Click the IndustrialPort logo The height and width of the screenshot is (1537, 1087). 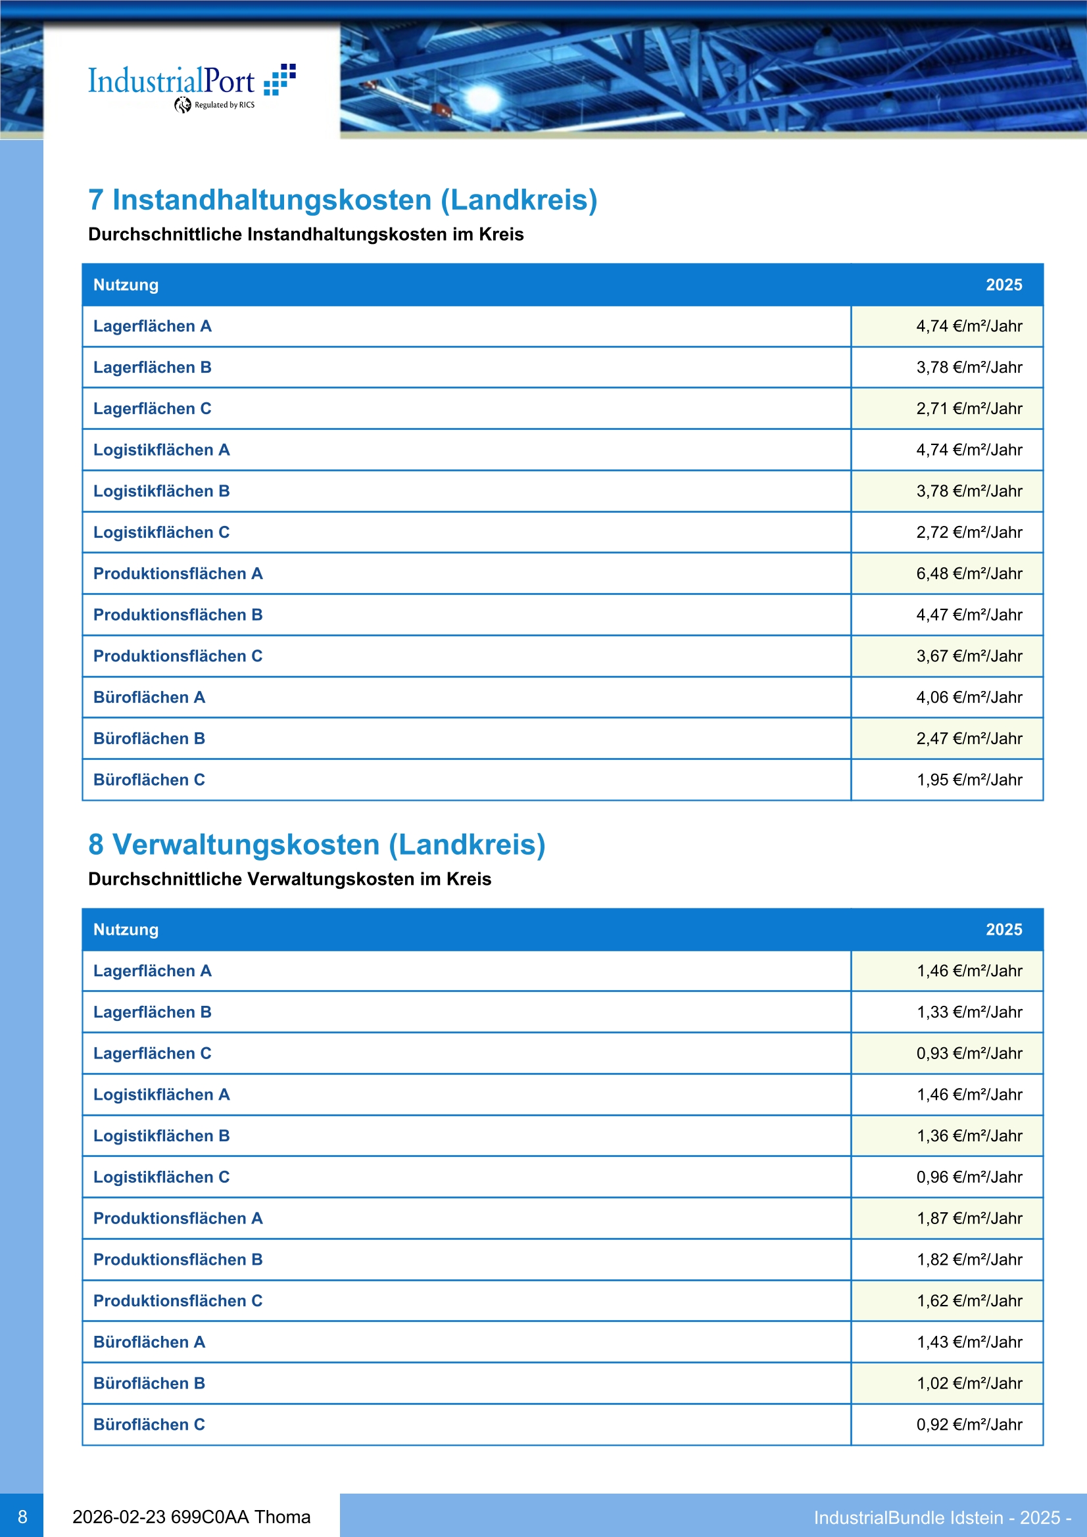coord(191,85)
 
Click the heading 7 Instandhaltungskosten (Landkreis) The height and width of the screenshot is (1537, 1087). coord(342,200)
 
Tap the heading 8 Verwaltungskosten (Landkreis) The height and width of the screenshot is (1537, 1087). coord(316,845)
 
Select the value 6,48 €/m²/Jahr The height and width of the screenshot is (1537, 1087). coord(969,574)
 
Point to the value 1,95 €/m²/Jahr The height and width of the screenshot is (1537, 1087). coord(969,780)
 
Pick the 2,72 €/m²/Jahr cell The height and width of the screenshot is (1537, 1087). coord(969,533)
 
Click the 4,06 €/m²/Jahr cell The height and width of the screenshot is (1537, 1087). coord(969,698)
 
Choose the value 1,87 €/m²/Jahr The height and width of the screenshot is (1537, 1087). coord(969,1218)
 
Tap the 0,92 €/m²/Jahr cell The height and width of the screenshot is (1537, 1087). coord(969,1425)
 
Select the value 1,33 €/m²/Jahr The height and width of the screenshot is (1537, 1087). coord(969,1012)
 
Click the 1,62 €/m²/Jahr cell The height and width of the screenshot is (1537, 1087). coord(969,1301)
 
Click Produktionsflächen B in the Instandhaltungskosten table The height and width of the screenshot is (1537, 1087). coord(178,615)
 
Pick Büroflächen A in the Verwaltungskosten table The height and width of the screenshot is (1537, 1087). coord(149,1342)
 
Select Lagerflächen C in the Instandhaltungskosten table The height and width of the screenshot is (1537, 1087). coord(152,409)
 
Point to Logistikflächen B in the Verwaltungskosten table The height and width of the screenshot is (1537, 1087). coord(161,1136)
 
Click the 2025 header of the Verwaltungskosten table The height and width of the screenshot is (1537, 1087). coord(1003,930)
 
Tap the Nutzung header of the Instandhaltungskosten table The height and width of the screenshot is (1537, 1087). coord(126,285)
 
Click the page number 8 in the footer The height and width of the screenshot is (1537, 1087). coord(22,1517)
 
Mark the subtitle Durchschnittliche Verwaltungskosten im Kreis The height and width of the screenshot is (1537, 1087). coord(289,880)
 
